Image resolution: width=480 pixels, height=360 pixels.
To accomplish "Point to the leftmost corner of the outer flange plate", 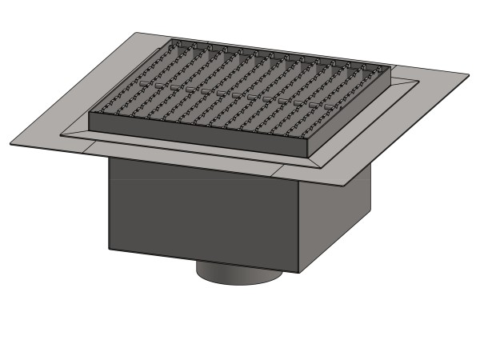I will click(10, 145).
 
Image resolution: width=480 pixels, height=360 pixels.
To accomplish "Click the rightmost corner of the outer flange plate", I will click(469, 75).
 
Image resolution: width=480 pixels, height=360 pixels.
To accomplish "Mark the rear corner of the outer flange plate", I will click(136, 33).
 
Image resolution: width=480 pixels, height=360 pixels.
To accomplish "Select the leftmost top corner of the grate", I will click(89, 112).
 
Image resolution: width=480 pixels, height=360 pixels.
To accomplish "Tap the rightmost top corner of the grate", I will click(391, 66).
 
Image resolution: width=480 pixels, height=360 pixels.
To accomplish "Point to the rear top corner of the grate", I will click(171, 40).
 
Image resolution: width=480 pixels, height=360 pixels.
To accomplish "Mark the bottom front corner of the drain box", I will click(299, 273).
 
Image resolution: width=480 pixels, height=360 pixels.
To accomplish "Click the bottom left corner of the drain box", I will click(109, 249).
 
